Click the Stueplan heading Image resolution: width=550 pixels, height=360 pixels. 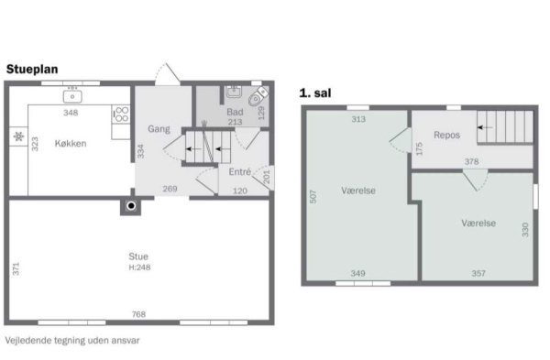pyautogui.click(x=32, y=70)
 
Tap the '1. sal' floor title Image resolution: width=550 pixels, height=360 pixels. pyautogui.click(x=315, y=93)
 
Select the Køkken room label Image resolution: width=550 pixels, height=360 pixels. pyautogui.click(x=71, y=144)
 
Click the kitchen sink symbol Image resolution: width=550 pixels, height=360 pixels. pyautogui.click(x=72, y=96)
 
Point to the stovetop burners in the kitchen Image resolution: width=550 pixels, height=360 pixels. pyautogui.click(x=122, y=115)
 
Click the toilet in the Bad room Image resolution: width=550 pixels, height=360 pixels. pyautogui.click(x=258, y=96)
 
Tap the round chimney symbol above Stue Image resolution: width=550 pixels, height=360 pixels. pyautogui.click(x=131, y=206)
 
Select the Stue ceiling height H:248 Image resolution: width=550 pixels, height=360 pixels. pyautogui.click(x=139, y=267)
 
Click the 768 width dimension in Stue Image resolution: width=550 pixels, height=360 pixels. pyautogui.click(x=138, y=314)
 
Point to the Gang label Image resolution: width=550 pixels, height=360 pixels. pyautogui.click(x=159, y=129)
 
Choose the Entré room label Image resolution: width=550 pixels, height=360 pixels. pyautogui.click(x=240, y=172)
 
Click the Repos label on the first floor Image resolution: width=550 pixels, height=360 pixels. pyautogui.click(x=446, y=135)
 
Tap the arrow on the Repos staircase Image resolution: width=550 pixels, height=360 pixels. pyautogui.click(x=484, y=127)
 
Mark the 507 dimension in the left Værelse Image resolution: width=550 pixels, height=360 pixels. pyautogui.click(x=313, y=197)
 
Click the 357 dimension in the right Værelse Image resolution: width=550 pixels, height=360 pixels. pyautogui.click(x=478, y=273)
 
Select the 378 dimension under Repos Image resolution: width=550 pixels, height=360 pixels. pyautogui.click(x=471, y=161)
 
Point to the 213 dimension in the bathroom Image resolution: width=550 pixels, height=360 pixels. pyautogui.click(x=235, y=122)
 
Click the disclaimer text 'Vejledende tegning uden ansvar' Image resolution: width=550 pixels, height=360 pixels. pyautogui.click(x=72, y=341)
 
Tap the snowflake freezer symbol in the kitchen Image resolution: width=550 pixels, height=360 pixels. pyautogui.click(x=18, y=136)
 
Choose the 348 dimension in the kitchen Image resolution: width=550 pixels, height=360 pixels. pyautogui.click(x=71, y=113)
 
